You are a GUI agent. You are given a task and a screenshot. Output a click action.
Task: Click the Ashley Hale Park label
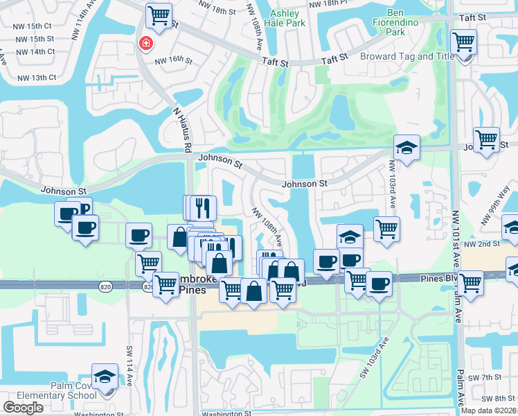[x=285, y=18]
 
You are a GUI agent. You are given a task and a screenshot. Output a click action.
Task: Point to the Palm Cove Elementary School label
[x=53, y=390]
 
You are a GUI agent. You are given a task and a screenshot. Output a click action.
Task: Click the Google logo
[x=23, y=407]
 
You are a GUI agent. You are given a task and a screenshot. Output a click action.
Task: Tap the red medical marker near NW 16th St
[x=145, y=44]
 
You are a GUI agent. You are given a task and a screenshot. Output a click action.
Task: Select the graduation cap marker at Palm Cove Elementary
[x=105, y=376]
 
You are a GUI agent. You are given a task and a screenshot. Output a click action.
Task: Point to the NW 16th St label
[x=173, y=60]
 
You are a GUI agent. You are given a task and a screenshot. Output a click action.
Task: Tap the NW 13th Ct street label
[x=34, y=78]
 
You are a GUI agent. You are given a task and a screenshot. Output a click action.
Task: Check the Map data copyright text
[x=488, y=410]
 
